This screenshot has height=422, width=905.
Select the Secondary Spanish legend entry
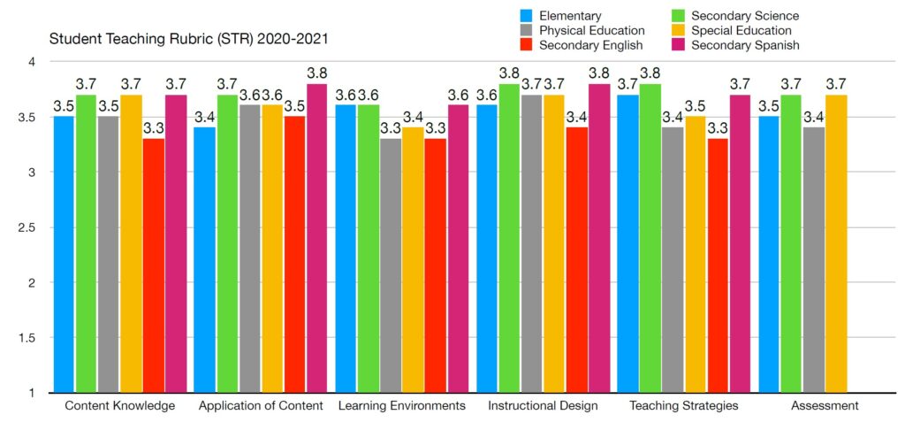(744, 44)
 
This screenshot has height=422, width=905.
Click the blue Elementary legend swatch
(526, 16)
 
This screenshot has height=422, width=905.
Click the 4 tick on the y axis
(31, 62)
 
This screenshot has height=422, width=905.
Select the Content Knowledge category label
(120, 406)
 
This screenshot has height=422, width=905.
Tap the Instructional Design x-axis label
(543, 406)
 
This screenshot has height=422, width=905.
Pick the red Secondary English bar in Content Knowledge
(154, 265)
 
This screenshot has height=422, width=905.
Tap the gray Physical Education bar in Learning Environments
(390, 265)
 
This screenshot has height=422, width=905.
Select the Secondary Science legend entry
(744, 16)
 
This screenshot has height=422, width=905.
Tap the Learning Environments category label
(401, 406)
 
